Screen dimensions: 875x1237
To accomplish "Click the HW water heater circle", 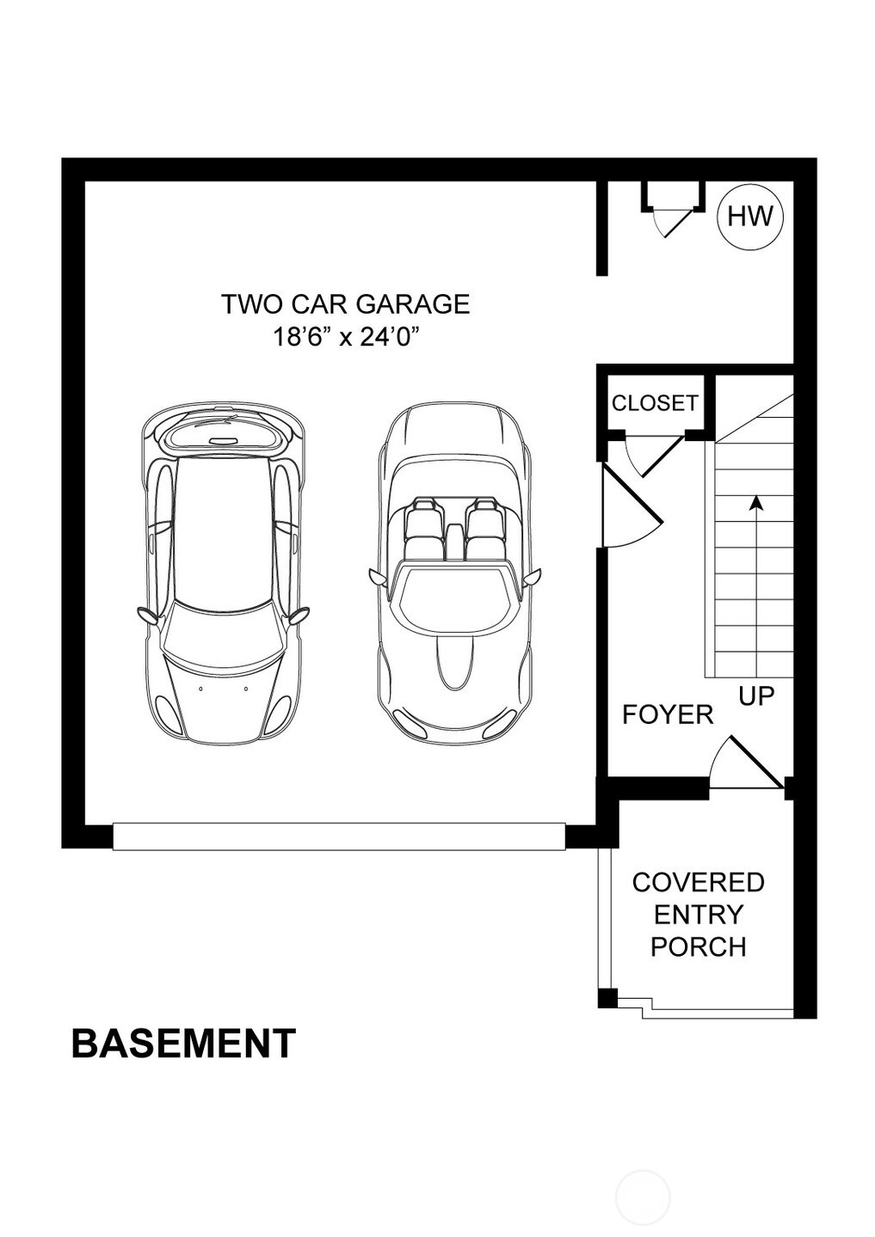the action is [x=750, y=217].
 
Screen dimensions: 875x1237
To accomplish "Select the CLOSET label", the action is [x=655, y=403].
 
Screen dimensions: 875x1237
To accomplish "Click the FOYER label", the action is [x=668, y=714].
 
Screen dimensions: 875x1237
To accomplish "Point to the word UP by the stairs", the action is [x=756, y=695].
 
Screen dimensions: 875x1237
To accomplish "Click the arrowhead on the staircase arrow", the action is [x=755, y=502].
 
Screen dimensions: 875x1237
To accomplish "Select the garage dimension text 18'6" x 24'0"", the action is [x=344, y=337].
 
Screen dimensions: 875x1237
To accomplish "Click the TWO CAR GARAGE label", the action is [x=346, y=304].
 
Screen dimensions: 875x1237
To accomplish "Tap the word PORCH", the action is [x=698, y=946].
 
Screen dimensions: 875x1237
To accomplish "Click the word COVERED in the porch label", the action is [x=698, y=883].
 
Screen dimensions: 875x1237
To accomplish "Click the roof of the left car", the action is [x=224, y=530].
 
